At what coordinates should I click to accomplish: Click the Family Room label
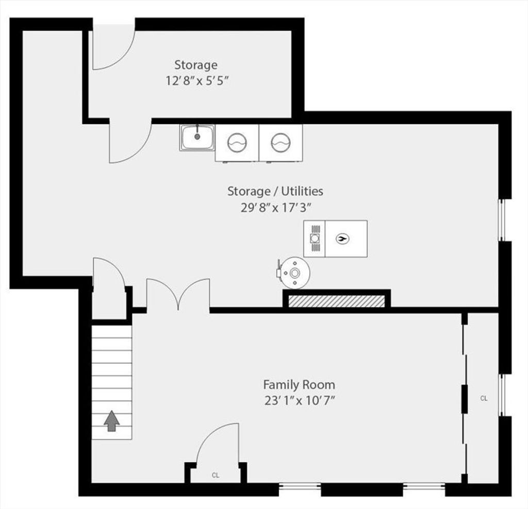click(x=299, y=384)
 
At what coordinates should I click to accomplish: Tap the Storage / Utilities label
click(x=275, y=191)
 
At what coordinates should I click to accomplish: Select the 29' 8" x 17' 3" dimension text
click(x=275, y=208)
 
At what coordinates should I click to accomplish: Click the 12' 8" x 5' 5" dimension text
click(x=197, y=81)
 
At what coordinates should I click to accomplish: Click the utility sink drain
click(x=197, y=137)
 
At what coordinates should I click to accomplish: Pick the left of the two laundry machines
click(x=237, y=143)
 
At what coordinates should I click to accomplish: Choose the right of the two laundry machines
click(x=280, y=143)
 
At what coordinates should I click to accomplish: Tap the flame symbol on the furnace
click(x=343, y=239)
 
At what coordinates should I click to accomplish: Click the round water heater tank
click(x=295, y=273)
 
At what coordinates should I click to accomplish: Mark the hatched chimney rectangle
click(x=337, y=301)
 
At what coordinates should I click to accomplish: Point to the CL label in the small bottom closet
click(x=216, y=476)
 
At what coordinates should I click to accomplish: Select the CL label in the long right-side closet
click(x=484, y=398)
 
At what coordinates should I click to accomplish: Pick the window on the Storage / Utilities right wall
click(x=502, y=220)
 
